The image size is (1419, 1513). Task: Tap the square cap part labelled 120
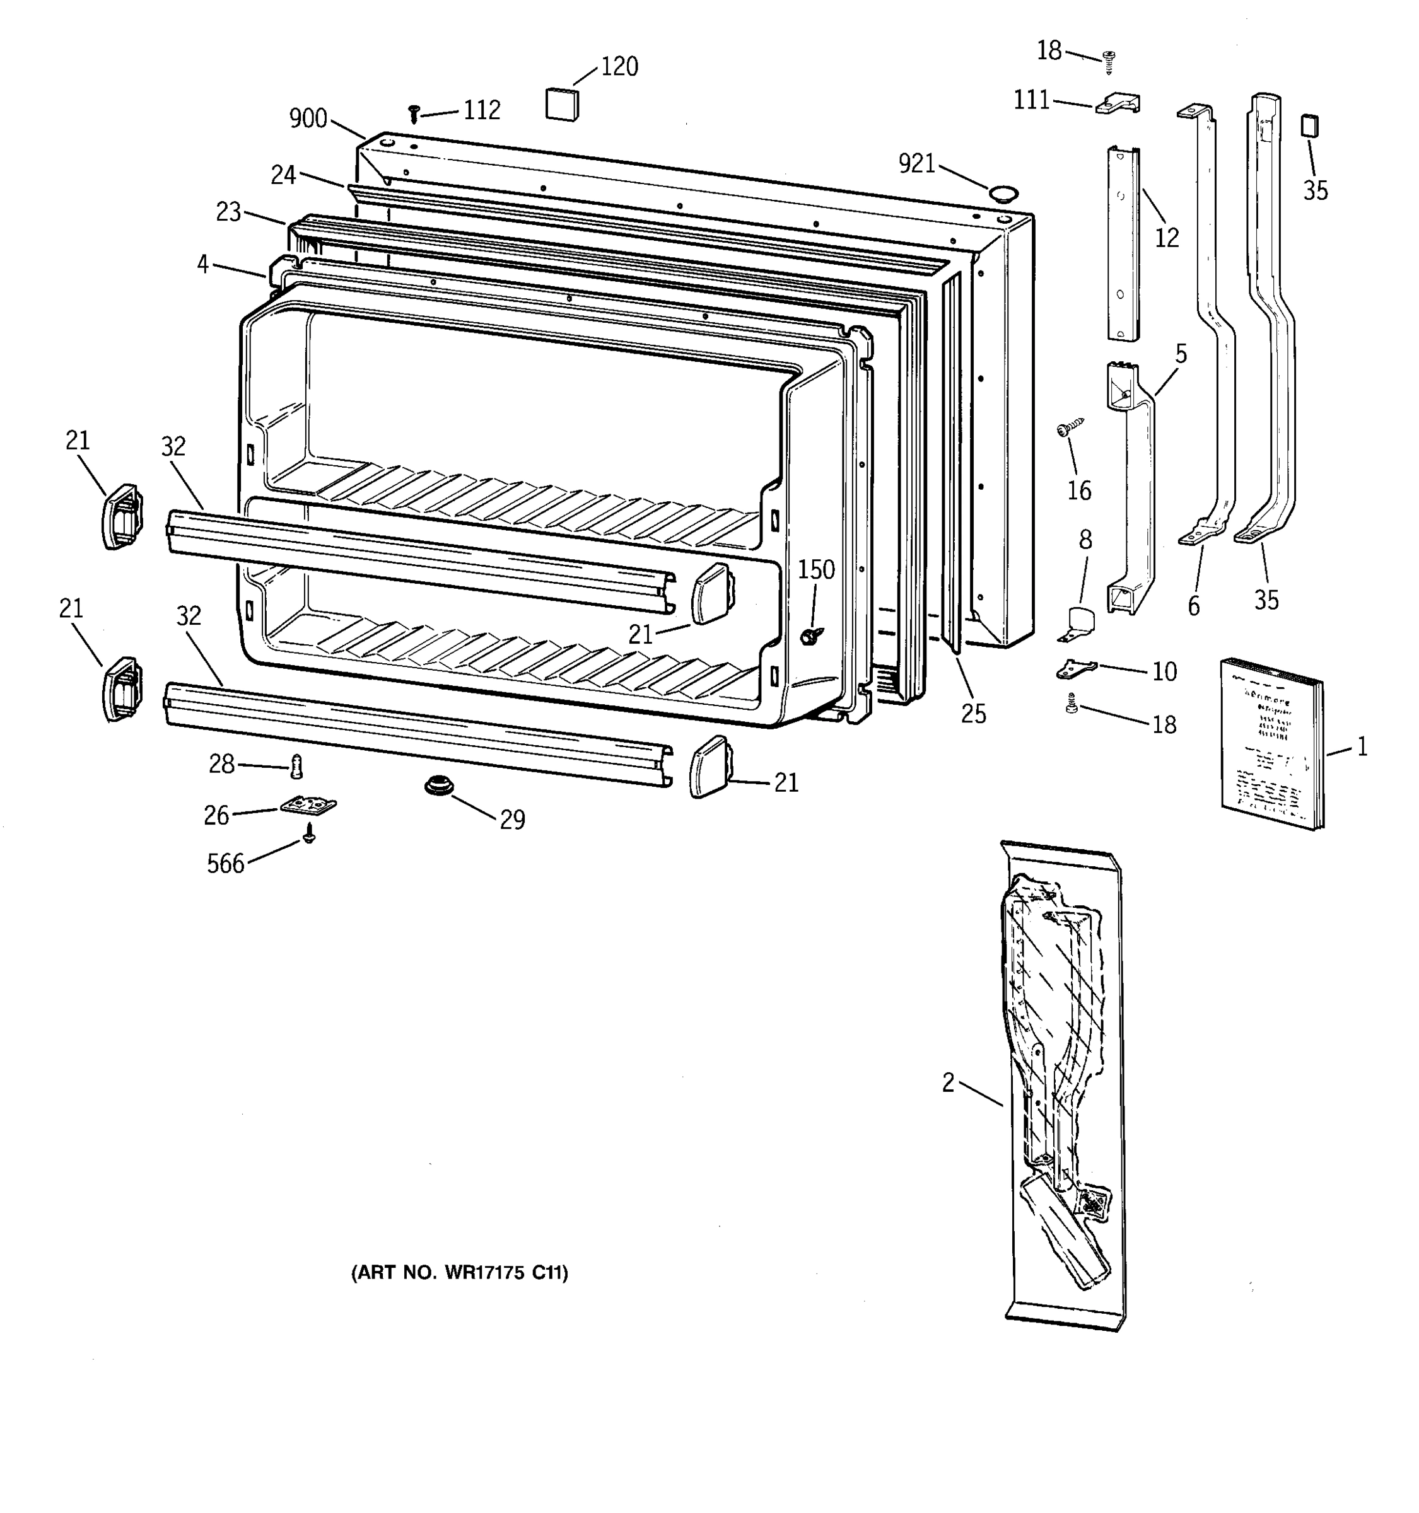coord(562,104)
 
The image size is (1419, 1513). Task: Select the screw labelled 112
coord(414,114)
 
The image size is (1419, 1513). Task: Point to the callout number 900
coord(308,119)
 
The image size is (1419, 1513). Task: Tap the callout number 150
coord(816,569)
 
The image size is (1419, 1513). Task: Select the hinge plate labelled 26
coord(308,805)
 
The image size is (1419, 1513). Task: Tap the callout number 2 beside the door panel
coord(948,1082)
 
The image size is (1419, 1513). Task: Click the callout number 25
coord(973,713)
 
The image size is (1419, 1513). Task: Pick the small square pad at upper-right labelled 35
coord(1309,125)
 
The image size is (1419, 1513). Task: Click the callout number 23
coord(228,212)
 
